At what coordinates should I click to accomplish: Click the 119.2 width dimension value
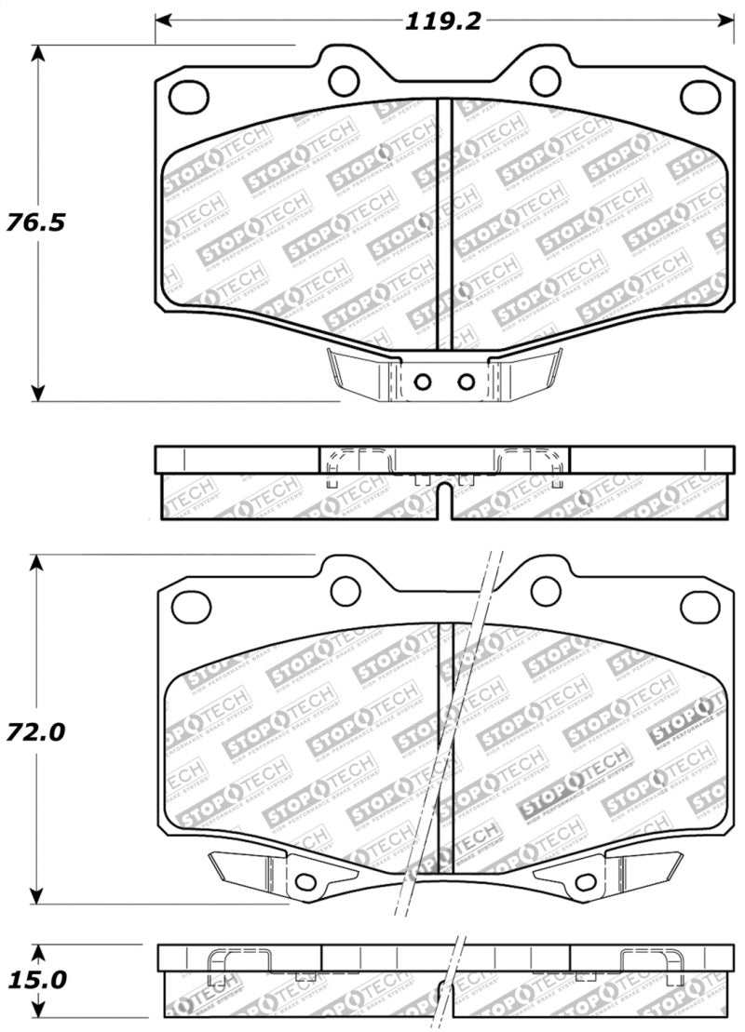442,20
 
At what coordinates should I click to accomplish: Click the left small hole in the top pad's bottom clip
422,381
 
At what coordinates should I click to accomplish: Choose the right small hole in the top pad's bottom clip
465,381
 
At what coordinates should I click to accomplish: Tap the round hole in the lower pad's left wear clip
304,882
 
